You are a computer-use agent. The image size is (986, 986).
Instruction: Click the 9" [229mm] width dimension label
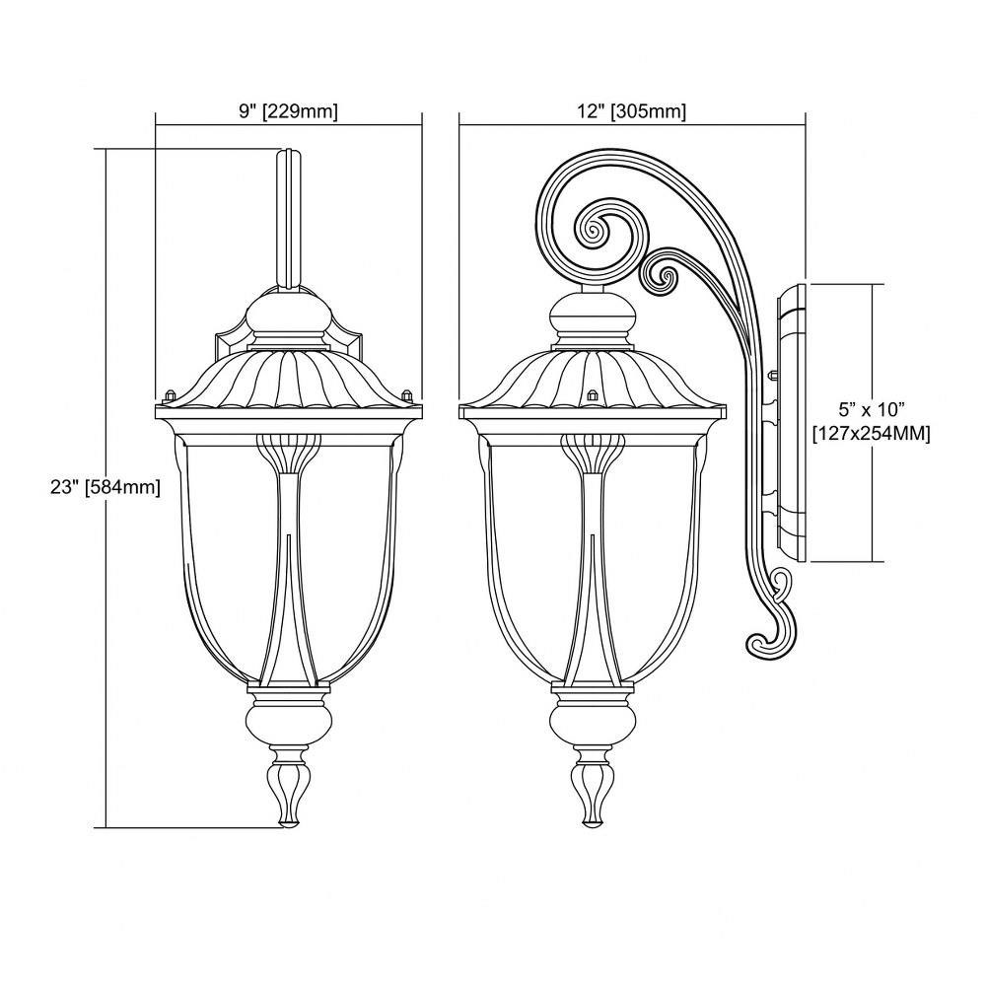point(289,112)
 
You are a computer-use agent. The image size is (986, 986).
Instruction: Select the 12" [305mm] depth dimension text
point(631,112)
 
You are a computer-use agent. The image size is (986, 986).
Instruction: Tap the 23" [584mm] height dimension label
point(106,487)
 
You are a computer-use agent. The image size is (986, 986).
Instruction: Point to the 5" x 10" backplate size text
point(871,410)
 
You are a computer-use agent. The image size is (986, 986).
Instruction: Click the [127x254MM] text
point(871,434)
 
